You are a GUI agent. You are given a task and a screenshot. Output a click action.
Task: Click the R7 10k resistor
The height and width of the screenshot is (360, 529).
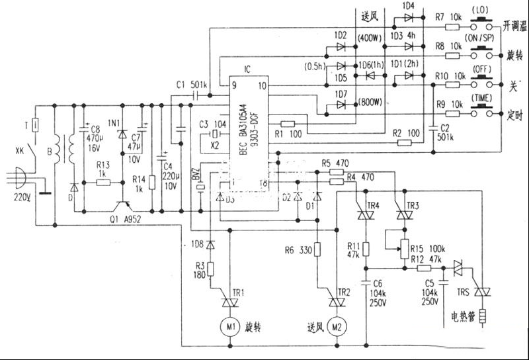click(x=452, y=27)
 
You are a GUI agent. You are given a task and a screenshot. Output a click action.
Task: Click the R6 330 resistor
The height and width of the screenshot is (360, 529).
click(x=318, y=250)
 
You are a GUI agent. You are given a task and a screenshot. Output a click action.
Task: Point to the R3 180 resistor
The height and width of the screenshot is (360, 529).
click(x=210, y=269)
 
